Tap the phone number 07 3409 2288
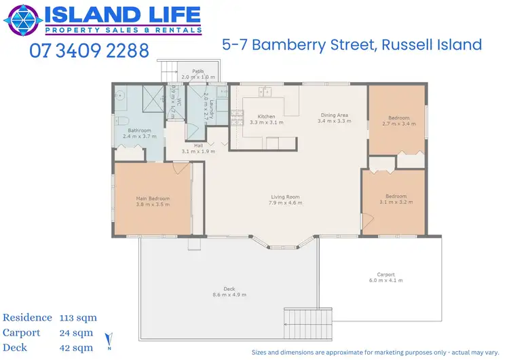tap(89, 52)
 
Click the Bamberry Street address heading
tap(352, 46)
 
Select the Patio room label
tap(197, 71)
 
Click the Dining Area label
tap(335, 115)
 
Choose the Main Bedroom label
tap(153, 198)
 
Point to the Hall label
tap(198, 145)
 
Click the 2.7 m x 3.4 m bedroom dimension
tap(396, 124)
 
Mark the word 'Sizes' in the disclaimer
tap(261, 352)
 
